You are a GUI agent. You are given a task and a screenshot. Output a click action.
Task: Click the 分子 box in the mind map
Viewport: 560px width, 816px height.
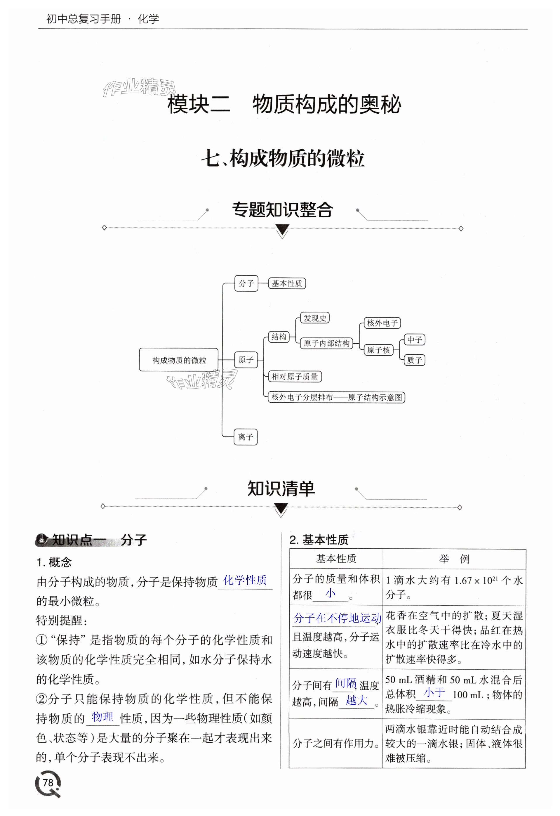(x=246, y=283)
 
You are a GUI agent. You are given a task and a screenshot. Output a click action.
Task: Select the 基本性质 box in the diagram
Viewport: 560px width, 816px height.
(x=287, y=283)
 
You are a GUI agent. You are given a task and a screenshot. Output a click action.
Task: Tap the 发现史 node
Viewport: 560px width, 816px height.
(x=315, y=318)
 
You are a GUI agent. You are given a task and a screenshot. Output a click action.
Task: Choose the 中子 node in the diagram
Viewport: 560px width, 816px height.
(x=414, y=339)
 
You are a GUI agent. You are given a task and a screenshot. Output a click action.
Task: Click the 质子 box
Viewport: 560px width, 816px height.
(x=414, y=360)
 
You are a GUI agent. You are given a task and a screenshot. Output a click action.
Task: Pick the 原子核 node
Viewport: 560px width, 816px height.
(x=378, y=350)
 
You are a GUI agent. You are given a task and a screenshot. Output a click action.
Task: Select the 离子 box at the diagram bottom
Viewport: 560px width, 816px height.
(x=246, y=437)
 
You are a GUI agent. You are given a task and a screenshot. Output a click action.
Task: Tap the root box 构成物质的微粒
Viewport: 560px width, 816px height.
(x=179, y=360)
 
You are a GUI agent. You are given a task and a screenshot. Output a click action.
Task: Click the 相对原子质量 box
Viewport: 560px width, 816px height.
(x=295, y=376)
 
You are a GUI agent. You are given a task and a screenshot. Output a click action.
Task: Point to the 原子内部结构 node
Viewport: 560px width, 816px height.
(x=326, y=343)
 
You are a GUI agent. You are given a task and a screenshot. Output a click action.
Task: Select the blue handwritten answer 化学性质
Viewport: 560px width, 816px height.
(x=245, y=580)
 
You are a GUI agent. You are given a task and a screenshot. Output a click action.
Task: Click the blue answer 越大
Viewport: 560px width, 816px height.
(x=356, y=700)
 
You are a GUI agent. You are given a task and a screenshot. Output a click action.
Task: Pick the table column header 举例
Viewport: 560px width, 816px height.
(x=454, y=559)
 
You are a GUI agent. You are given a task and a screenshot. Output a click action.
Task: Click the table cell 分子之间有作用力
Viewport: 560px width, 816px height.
(x=335, y=743)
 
